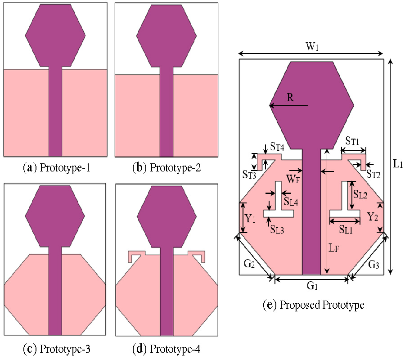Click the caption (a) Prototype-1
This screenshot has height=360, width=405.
pyautogui.click(x=56, y=169)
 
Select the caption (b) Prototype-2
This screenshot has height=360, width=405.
pyautogui.click(x=166, y=169)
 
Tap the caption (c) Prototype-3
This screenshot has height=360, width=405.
pyautogui.click(x=56, y=349)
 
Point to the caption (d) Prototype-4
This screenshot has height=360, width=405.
pyautogui.click(x=166, y=349)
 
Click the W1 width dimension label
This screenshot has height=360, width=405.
pyautogui.click(x=312, y=46)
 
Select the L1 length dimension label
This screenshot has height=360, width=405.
pyautogui.click(x=397, y=164)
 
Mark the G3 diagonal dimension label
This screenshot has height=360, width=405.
pyautogui.click(x=373, y=265)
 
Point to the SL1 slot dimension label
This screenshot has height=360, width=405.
pyautogui.click(x=346, y=229)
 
